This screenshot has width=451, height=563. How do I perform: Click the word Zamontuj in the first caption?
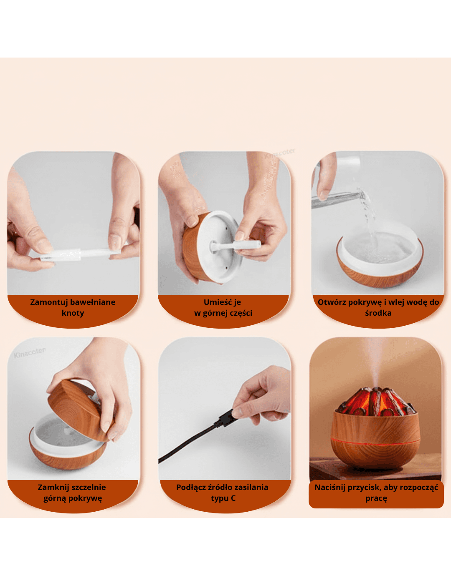point(46,302)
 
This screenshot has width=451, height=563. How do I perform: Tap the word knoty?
point(73,313)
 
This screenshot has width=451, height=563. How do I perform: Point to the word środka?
point(378,313)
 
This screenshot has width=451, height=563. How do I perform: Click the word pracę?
point(376,498)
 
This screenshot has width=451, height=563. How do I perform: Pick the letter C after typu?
point(233,498)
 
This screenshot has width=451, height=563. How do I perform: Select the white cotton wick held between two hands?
point(81,254)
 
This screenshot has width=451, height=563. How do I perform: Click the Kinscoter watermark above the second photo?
point(280,153)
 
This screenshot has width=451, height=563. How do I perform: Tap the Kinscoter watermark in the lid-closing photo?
point(30,353)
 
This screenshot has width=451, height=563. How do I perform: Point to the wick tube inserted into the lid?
point(236,245)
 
